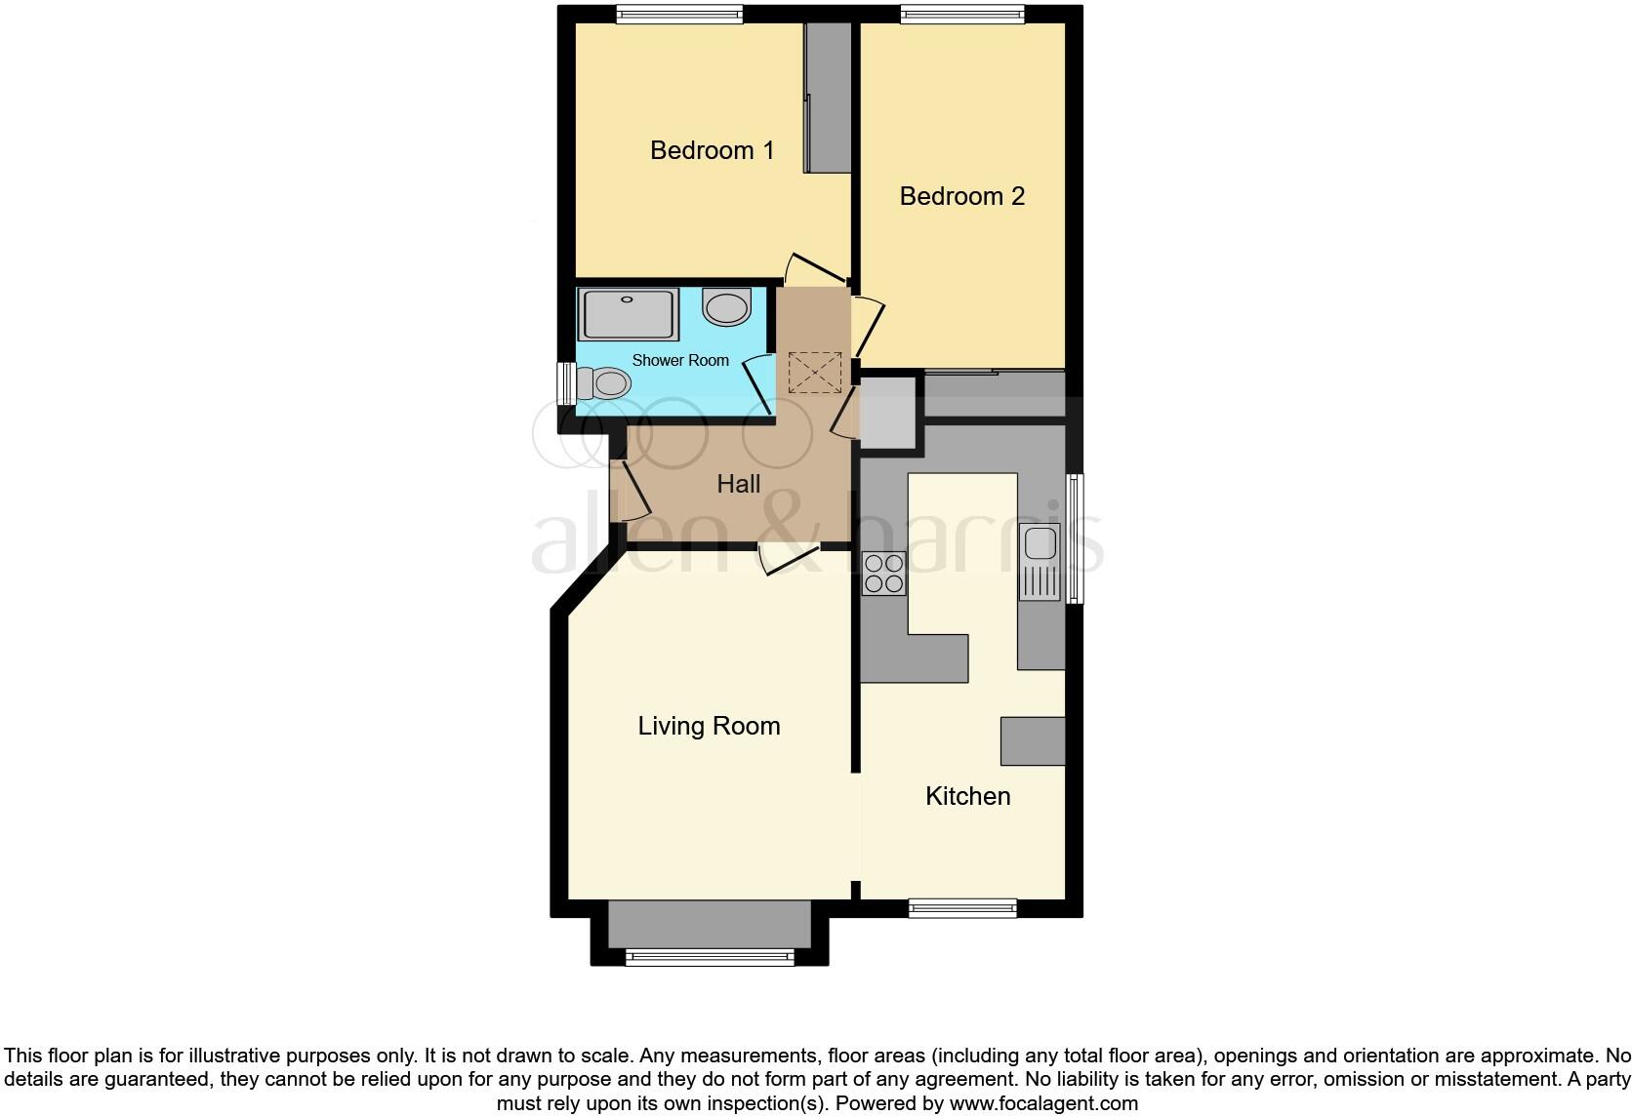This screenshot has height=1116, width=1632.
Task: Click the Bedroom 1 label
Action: point(712,150)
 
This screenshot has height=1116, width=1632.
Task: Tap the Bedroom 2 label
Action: point(961,196)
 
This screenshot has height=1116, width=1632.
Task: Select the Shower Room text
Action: point(680,360)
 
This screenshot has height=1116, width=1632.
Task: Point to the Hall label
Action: point(738,484)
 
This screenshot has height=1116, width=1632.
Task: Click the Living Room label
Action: point(709,726)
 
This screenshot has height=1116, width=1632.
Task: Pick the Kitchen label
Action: point(967,796)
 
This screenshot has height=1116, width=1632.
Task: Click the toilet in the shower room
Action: point(601,382)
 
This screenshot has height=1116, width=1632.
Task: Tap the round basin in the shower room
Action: point(726,307)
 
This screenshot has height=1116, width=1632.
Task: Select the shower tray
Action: point(628,314)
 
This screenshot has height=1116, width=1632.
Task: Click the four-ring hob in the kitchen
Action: point(883,574)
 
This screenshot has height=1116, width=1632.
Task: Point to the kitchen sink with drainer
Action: point(1039,561)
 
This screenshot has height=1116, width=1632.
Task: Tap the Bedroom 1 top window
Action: point(679,14)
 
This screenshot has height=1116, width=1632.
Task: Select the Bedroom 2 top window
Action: point(961,14)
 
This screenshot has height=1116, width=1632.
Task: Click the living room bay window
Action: point(710,957)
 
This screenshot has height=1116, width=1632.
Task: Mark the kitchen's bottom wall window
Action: point(962,908)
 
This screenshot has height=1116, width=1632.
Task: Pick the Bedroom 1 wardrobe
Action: point(828,98)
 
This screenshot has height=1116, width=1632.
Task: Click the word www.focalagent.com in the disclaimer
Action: point(1043,1103)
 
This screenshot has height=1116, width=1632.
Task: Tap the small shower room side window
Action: point(564,383)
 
